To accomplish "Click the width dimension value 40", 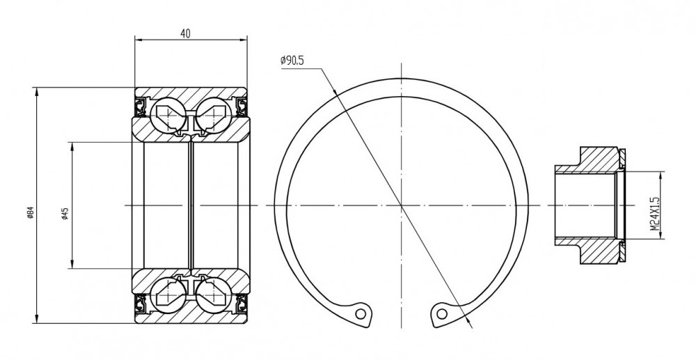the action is point(186,33).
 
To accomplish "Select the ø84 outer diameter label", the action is point(30,212).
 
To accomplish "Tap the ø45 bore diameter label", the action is point(65,214).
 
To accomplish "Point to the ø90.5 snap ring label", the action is point(292,61).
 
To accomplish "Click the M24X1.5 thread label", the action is point(655,214).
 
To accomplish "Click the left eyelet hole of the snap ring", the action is point(361,314).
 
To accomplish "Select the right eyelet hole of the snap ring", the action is point(442,314).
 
